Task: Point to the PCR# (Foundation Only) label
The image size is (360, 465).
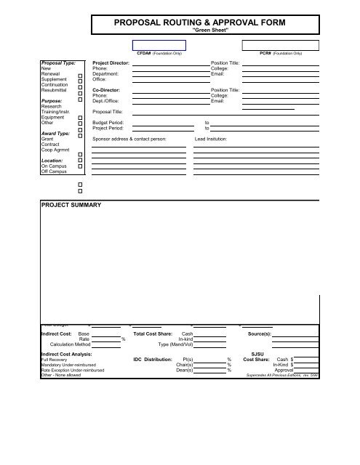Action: [280, 54]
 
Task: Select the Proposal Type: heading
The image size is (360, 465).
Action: [59, 64]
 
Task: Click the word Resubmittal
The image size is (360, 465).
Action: [55, 89]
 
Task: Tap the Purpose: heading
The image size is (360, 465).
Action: [52, 102]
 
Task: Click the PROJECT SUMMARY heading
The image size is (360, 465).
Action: [71, 206]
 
